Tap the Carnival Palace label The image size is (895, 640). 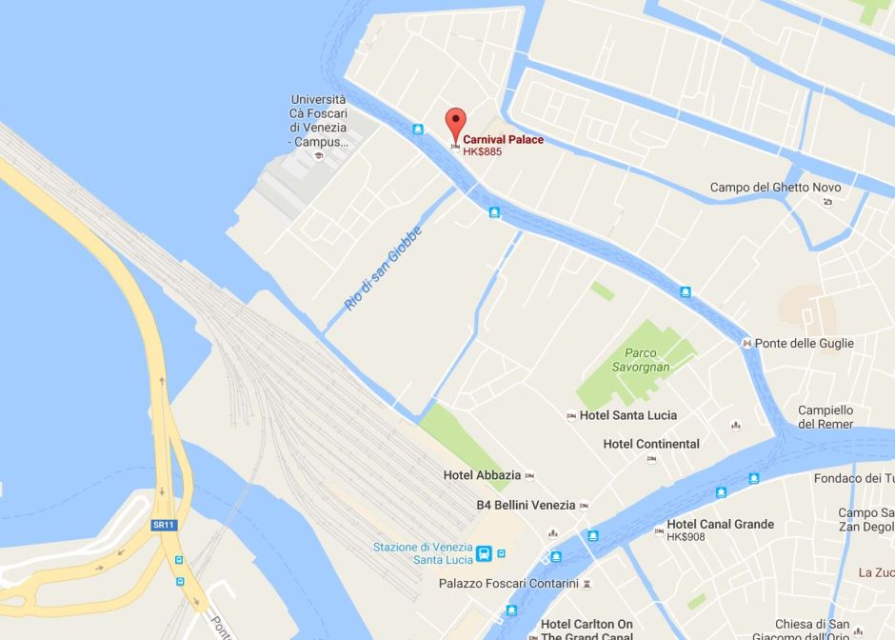coord(503,140)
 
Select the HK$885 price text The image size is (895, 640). coord(483,151)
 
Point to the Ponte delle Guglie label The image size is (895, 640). coord(804,343)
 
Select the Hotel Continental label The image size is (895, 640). coord(651,444)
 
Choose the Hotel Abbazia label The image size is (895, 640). coord(483,475)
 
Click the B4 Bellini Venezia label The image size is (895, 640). coord(526,505)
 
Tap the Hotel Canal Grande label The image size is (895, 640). coord(720,524)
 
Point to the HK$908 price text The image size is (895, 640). coord(686,537)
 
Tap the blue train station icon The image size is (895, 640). coord(484,553)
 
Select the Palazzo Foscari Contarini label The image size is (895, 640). coord(508,583)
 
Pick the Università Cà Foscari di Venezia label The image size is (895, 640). coord(318,120)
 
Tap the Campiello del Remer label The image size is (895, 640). coord(825,417)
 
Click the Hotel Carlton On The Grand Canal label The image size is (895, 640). coord(587,630)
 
